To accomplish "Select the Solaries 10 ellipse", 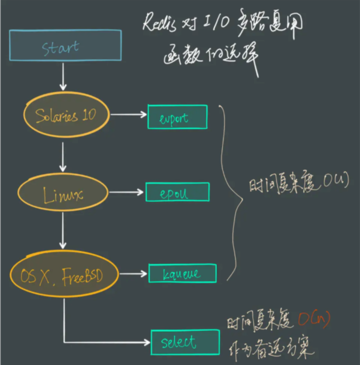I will tap(66, 115).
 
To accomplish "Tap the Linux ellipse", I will tap(63, 195).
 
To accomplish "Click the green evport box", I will tap(177, 117).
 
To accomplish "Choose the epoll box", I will tap(177, 192).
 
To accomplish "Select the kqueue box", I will tap(182, 274).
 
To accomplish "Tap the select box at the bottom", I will tap(185, 342).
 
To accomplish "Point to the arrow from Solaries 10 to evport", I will tap(128, 115).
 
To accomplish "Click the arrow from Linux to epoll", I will tap(127, 192).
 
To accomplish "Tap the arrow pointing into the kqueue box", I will tap(133, 274).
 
